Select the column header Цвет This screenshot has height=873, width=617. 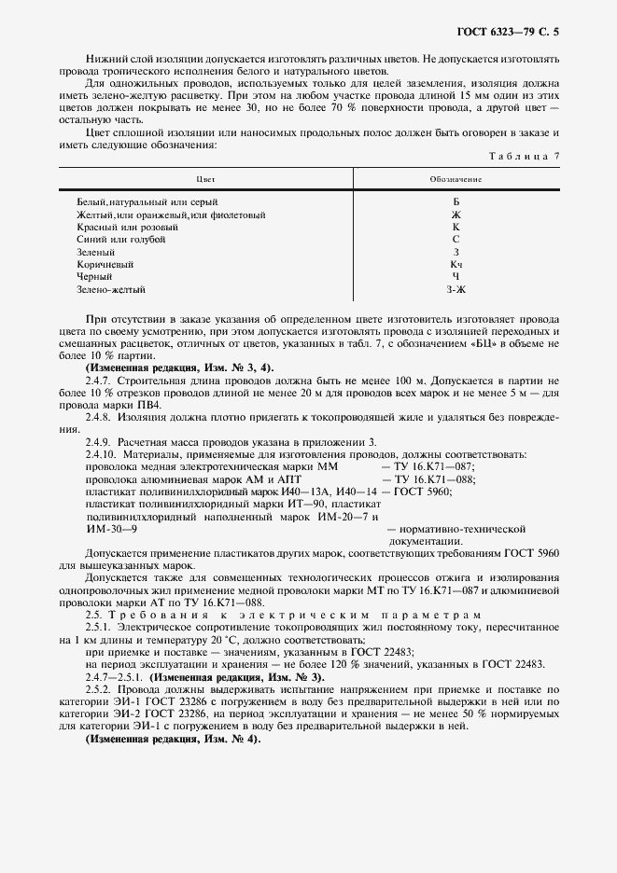point(205,177)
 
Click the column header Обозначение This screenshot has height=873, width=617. point(456,177)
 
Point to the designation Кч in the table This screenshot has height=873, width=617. point(456,265)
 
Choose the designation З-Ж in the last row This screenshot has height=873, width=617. point(456,291)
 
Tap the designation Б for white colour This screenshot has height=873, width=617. point(456,201)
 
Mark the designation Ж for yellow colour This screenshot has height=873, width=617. point(456,214)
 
